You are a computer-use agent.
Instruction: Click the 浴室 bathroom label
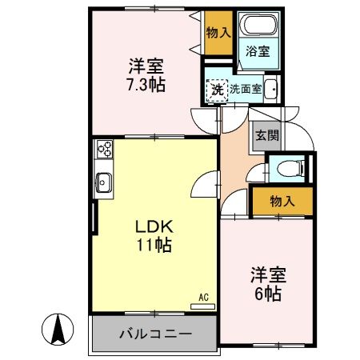click(x=258, y=50)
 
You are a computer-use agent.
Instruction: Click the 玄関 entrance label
click(x=266, y=136)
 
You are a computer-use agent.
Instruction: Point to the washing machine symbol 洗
click(x=216, y=89)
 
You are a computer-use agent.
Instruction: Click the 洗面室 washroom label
click(x=246, y=90)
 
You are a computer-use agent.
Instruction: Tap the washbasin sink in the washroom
click(x=271, y=89)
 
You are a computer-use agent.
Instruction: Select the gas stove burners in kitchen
click(x=104, y=150)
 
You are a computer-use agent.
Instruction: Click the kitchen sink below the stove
click(x=104, y=182)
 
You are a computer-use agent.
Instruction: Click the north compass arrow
click(x=58, y=328)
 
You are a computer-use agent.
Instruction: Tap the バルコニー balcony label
click(x=155, y=333)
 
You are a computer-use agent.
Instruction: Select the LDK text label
click(x=148, y=225)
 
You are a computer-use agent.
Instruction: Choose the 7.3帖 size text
click(x=145, y=83)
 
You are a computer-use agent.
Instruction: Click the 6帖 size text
click(x=268, y=293)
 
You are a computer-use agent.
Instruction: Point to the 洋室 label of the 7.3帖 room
click(x=145, y=64)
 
